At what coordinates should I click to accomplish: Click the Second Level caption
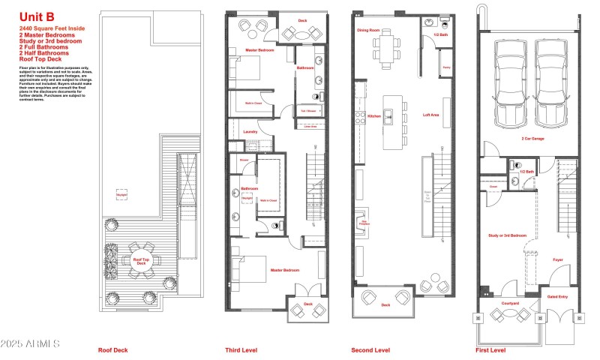coord(370,350)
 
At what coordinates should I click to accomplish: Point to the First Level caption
coord(490,350)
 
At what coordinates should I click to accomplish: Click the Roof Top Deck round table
coord(140,262)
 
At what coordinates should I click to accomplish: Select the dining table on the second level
coord(388,51)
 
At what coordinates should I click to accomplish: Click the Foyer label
coord(558,260)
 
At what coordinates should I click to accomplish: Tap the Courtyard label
coord(512,304)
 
